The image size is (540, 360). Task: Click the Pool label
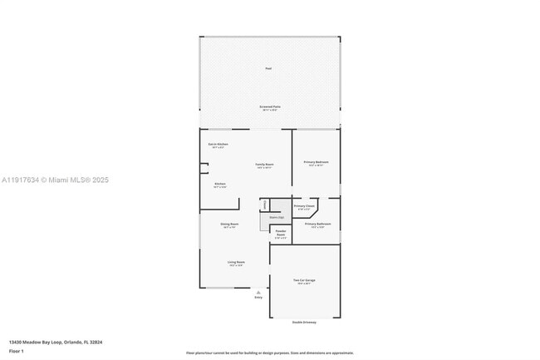click(268, 68)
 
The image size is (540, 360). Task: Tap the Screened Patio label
click(269, 107)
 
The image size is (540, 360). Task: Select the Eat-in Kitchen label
click(218, 145)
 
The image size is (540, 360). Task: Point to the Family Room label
click(264, 165)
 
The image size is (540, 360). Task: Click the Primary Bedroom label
click(316, 162)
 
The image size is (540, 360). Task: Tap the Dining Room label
click(229, 224)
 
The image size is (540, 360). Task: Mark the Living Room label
click(236, 262)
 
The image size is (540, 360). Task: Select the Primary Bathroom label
click(317, 224)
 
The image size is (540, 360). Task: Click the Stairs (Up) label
click(276, 217)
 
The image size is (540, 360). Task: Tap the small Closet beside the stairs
click(264, 204)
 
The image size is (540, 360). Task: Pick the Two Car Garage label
click(304, 281)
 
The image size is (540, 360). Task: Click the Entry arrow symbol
click(258, 292)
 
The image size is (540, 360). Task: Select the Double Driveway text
click(304, 322)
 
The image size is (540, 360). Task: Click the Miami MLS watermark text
click(55, 180)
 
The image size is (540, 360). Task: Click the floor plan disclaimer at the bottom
click(270, 353)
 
